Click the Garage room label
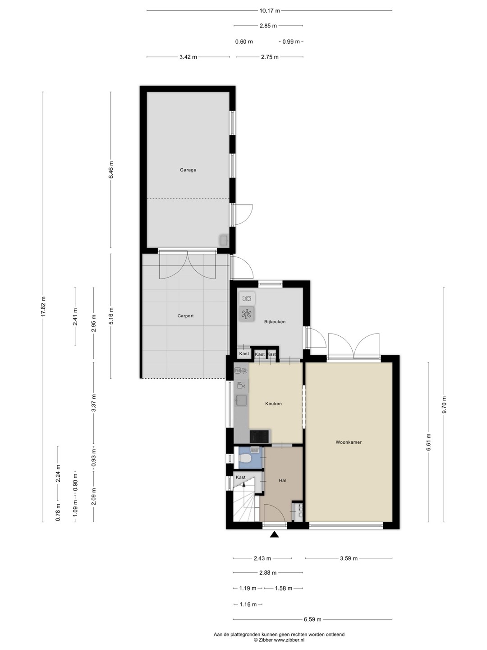point(188,170)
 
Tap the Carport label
point(185,316)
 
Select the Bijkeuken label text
point(275,322)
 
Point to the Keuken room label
point(274,404)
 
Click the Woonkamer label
point(349,442)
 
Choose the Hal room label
point(282,481)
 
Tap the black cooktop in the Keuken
point(259,436)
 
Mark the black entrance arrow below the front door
point(275,534)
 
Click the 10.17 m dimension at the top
point(269,11)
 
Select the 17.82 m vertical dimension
point(43,306)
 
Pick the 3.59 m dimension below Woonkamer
point(349,558)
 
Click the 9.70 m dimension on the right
point(444,405)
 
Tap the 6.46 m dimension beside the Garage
point(111,170)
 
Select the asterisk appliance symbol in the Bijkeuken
point(247,314)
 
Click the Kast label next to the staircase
point(240,478)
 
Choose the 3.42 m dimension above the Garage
point(188,57)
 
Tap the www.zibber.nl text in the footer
point(289,641)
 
